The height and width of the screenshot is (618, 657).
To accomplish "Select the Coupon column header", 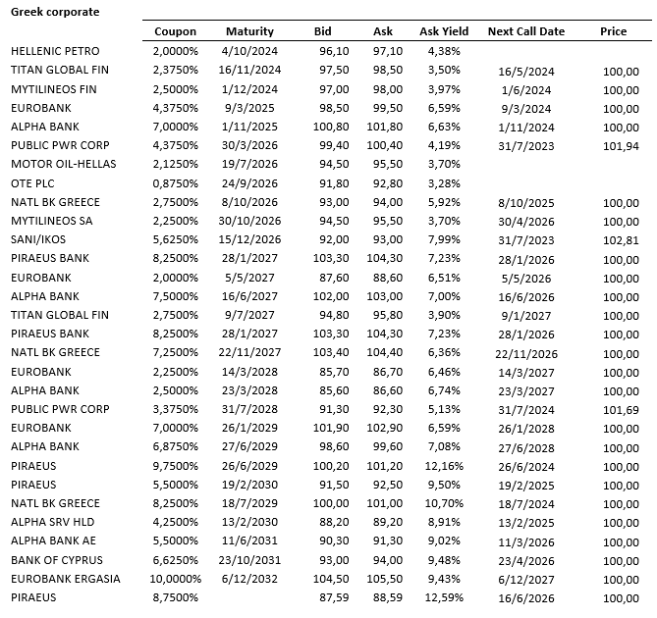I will tap(176, 31).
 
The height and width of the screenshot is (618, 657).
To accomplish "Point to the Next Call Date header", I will tap(526, 31).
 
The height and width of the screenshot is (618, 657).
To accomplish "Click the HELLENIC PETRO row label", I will tap(55, 51).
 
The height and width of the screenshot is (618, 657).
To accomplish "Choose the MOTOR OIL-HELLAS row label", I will tap(60, 164).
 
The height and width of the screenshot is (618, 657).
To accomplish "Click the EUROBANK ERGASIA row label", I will tap(66, 579).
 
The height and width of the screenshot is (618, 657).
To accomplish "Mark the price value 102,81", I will tap(620, 239).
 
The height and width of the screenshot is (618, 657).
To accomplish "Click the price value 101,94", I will tap(620, 145).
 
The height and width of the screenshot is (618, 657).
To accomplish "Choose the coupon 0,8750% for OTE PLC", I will tap(176, 183).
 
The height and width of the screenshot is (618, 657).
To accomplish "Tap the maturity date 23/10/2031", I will tap(251, 560).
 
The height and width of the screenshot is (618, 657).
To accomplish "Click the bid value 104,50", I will tap(335, 579).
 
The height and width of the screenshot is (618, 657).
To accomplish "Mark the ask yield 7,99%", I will tap(444, 239).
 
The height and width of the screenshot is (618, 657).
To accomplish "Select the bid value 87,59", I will tap(335, 597).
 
